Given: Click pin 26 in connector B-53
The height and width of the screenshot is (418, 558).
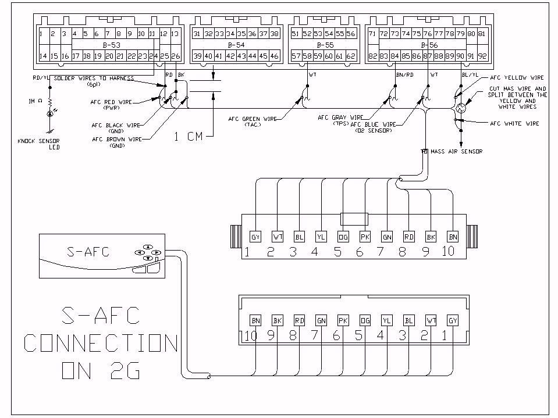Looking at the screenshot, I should pyautogui.click(x=176, y=56).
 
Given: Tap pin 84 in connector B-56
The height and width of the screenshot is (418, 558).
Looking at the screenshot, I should pyautogui.click(x=394, y=56).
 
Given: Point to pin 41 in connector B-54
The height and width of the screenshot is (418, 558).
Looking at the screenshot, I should pyautogui.click(x=219, y=56).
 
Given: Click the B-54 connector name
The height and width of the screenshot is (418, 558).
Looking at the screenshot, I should pyautogui.click(x=236, y=45).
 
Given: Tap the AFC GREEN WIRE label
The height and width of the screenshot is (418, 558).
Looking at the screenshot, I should pyautogui.click(x=254, y=119).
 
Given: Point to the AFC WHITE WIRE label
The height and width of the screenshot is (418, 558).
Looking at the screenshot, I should pyautogui.click(x=515, y=123).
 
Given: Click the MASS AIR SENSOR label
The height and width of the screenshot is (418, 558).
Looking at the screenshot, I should pyautogui.click(x=456, y=152).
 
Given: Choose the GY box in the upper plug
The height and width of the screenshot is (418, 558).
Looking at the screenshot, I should pyautogui.click(x=255, y=237).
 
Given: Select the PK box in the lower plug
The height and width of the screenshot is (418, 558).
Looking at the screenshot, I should pyautogui.click(x=343, y=320).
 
